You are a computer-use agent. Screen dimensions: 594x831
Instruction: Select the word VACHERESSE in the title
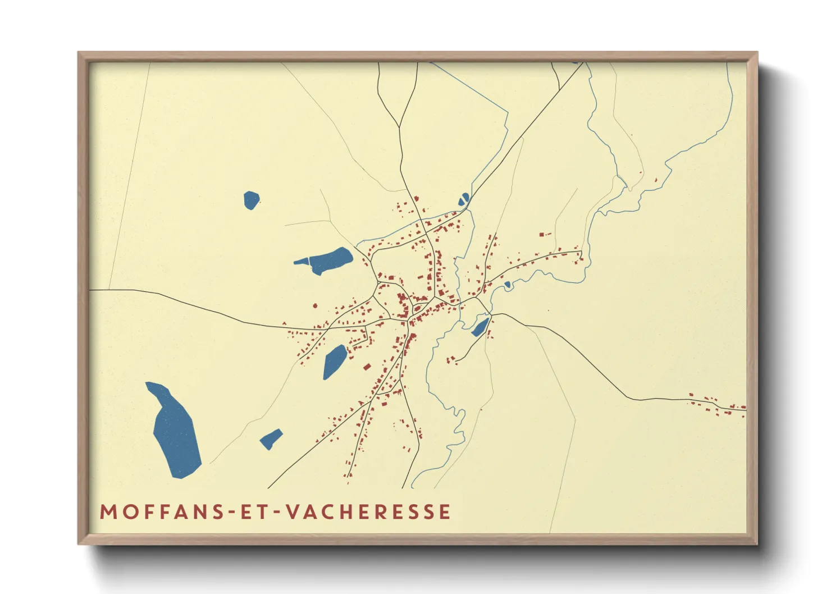[x=368, y=512]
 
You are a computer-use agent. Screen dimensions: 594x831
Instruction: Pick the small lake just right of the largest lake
[x=271, y=438]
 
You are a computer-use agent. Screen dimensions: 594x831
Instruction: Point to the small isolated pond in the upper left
[x=251, y=200]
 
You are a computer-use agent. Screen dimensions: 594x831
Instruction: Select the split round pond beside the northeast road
[x=464, y=199]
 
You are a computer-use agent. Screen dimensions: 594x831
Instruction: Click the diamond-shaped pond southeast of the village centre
[x=480, y=327]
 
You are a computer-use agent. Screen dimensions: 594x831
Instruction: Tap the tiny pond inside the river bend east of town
[x=508, y=285]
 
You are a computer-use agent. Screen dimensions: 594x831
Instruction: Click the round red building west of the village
[x=314, y=306]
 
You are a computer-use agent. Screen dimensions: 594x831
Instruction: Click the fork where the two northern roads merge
[x=400, y=127]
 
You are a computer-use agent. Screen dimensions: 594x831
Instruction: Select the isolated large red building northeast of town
[x=542, y=234]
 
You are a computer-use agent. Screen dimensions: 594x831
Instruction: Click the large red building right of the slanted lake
[x=367, y=367]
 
